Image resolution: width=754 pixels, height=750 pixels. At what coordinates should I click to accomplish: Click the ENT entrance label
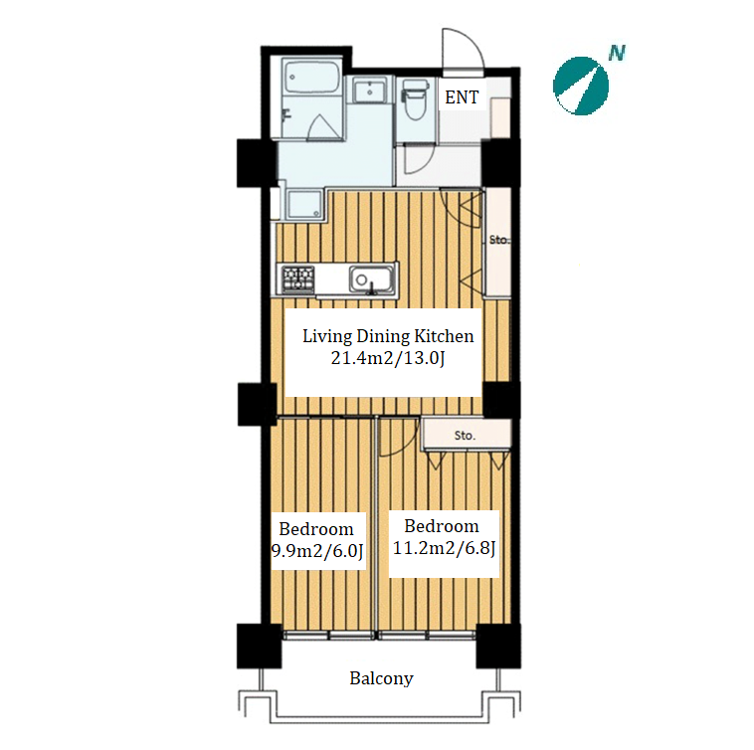click(462, 97)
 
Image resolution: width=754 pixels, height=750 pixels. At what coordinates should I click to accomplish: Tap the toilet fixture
click(414, 99)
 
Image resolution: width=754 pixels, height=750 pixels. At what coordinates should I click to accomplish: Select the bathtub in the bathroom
click(311, 77)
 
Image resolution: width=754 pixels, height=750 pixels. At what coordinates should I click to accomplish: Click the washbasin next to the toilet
click(369, 90)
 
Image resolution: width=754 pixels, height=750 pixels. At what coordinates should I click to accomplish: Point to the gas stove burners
click(298, 279)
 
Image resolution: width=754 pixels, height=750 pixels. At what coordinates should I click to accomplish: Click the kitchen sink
click(371, 279)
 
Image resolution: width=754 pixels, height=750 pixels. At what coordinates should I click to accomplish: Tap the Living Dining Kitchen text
click(388, 336)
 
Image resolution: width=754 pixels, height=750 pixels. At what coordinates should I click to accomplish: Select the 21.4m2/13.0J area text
click(388, 358)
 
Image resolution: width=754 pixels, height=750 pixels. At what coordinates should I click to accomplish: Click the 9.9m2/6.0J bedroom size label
click(317, 550)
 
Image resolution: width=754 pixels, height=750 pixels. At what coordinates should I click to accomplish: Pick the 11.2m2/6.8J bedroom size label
click(444, 548)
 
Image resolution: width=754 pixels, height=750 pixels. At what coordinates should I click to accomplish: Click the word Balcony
click(381, 678)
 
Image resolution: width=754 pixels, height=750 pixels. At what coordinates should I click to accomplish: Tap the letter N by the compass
click(617, 53)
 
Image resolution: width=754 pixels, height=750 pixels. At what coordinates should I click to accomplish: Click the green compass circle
click(581, 87)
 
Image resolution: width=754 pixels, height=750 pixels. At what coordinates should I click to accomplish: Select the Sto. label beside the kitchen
click(498, 240)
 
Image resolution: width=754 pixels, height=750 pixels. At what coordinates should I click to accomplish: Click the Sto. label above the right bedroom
click(465, 436)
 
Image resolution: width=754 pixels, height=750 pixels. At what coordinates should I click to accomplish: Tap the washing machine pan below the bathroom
click(304, 204)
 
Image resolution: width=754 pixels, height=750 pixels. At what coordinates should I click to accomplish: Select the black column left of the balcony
click(259, 646)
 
